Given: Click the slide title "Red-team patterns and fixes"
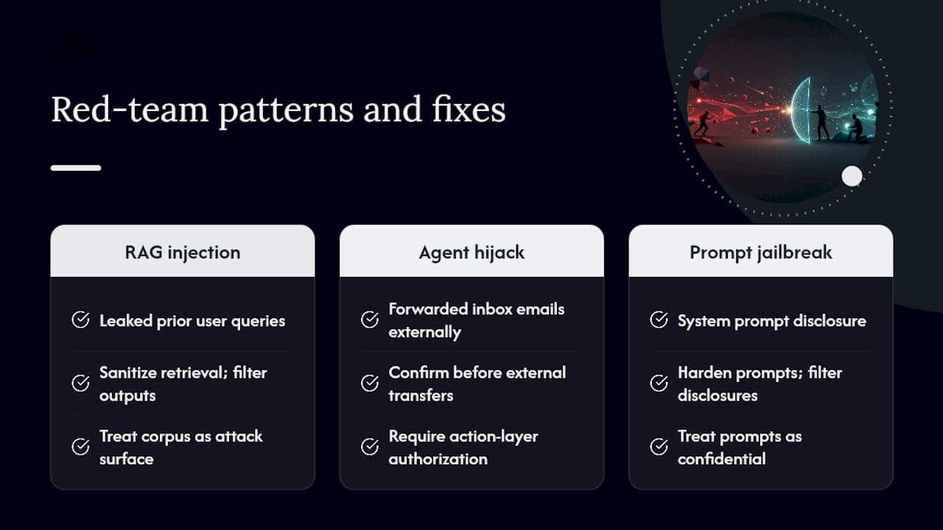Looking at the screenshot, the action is coord(278,110).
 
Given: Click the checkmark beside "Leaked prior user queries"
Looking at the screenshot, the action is coord(80,319).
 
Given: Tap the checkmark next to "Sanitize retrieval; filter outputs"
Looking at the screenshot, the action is coord(80,384).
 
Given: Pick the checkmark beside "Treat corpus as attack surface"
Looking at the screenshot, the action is coord(80,447).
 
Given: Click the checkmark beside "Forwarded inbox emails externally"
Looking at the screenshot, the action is coord(370,319).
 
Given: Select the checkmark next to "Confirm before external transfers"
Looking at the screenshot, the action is coord(370,384).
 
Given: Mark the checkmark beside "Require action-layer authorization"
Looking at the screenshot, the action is coord(370,447).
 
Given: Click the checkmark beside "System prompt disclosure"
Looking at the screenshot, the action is coord(659,319).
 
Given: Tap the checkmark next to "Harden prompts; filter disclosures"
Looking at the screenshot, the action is coord(659,384).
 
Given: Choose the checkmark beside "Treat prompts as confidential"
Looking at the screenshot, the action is coord(659,447).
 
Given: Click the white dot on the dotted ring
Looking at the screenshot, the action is coord(852,176).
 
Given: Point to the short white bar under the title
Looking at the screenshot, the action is coord(76,168).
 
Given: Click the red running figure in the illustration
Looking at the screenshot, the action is coord(703,123).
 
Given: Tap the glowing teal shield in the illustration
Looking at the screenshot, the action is coord(801,110).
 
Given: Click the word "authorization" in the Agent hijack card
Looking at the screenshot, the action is coord(438,459).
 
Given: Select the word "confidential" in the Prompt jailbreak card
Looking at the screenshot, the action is coord(721,459).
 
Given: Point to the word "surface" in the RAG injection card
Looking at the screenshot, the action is coord(127,459).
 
